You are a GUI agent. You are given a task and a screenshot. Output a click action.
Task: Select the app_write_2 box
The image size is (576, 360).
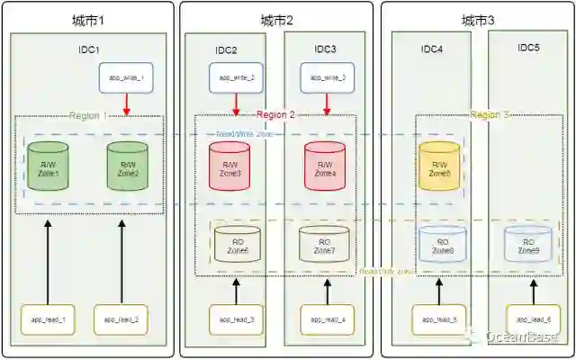click(x=237, y=78)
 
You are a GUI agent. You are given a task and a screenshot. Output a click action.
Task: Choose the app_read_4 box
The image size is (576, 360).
click(x=328, y=319)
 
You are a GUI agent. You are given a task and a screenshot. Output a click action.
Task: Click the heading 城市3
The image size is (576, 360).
click(x=478, y=20)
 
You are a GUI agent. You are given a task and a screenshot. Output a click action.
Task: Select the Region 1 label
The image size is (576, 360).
click(x=87, y=115)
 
